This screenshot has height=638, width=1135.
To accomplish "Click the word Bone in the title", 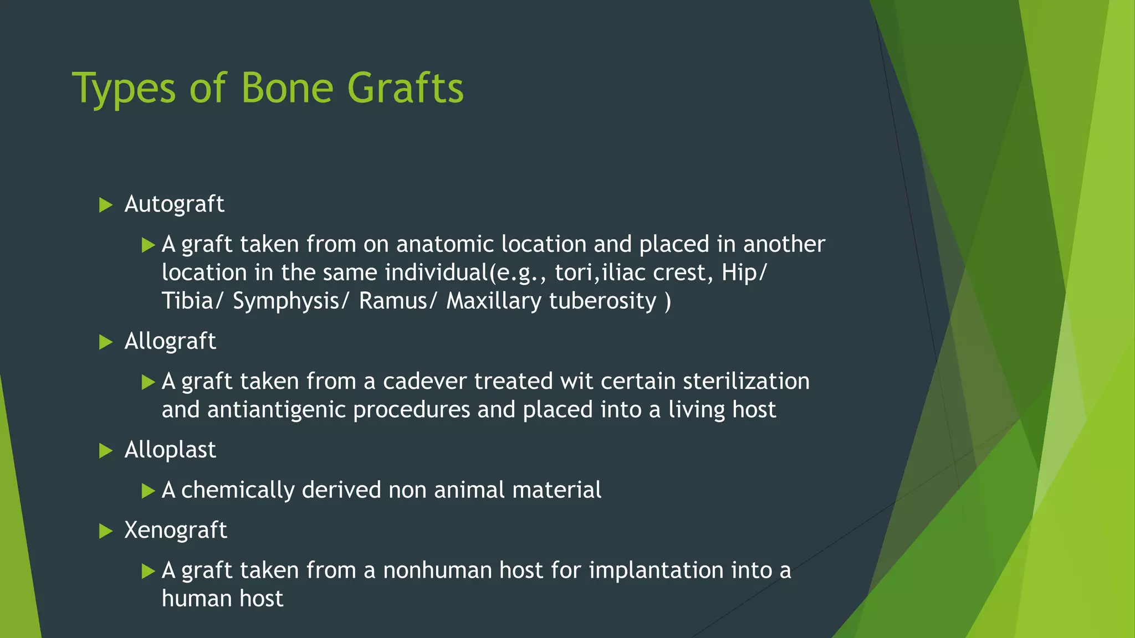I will tap(287, 89).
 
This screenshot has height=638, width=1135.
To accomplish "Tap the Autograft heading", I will tap(174, 204).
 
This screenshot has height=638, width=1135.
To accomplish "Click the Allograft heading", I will tap(170, 341).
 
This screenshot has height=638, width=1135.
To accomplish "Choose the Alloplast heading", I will tap(170, 450).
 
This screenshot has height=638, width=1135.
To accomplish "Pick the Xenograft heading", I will tap(175, 531).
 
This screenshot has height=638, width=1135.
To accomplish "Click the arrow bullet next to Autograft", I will tap(105, 205).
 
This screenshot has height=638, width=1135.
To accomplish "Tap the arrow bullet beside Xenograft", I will tap(105, 532).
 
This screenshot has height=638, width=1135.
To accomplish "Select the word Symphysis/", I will tap(291, 301).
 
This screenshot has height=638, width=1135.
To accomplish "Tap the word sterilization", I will tap(746, 382).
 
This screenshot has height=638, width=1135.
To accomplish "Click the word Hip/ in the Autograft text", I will tap(744, 272).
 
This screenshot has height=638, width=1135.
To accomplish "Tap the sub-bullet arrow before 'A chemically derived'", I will tap(148, 491).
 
